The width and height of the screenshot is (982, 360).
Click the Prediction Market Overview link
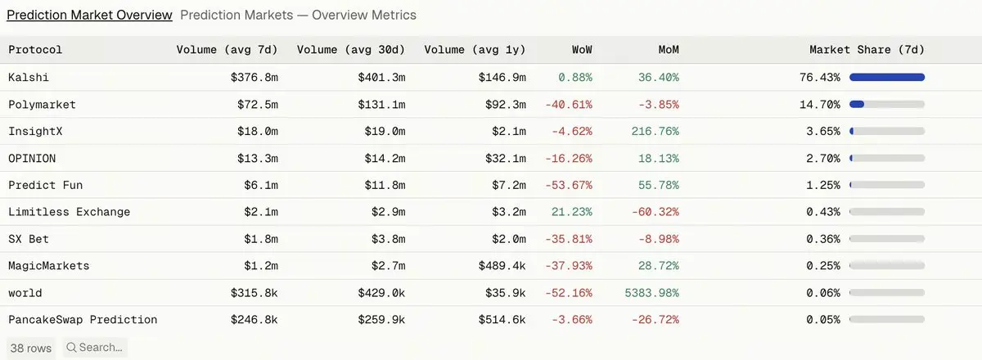click(89, 15)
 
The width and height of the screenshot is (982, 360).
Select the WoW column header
click(582, 50)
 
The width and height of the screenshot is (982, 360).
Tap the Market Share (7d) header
click(867, 50)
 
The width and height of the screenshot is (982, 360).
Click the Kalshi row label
click(29, 77)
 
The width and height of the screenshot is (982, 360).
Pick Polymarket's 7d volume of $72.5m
click(257, 105)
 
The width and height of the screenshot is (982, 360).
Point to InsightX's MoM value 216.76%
click(655, 131)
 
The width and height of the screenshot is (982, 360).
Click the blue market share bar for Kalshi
click(887, 77)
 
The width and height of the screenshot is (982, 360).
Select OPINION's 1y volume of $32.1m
click(505, 158)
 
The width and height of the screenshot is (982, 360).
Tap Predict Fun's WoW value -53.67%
click(569, 185)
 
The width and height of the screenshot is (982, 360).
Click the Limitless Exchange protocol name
click(70, 212)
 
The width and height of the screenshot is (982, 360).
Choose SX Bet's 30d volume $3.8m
click(388, 239)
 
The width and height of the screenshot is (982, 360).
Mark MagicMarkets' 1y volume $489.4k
click(502, 266)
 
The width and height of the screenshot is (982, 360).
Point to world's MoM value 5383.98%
click(652, 292)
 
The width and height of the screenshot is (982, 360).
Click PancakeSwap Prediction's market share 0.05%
click(823, 320)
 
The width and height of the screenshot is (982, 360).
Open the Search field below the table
click(95, 348)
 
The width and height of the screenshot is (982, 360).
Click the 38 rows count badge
click(31, 349)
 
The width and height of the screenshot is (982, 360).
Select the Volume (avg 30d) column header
click(351, 50)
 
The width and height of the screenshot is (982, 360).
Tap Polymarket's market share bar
click(887, 105)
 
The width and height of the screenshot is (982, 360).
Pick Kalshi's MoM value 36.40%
click(659, 77)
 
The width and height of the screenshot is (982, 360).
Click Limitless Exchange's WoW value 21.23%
click(572, 212)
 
